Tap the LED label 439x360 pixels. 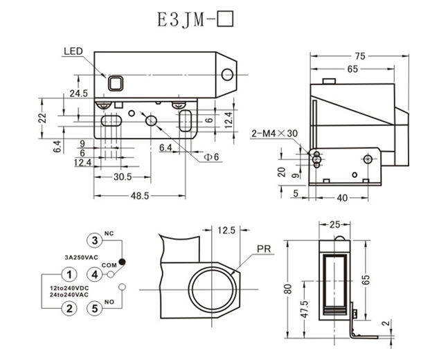pyautogui.click(x=73, y=52)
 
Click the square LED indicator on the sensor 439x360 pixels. pyautogui.click(x=116, y=84)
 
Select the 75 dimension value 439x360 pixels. pyautogui.click(x=360, y=56)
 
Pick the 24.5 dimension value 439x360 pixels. pyautogui.click(x=78, y=93)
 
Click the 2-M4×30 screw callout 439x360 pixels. pyautogui.click(x=274, y=134)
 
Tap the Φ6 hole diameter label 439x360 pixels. pyautogui.click(x=210, y=156)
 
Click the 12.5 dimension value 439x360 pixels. pyautogui.click(x=226, y=230)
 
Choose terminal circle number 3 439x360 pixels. pyautogui.click(x=95, y=241)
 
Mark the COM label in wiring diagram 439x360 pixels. pyautogui.click(x=109, y=265)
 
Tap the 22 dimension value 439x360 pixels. pyautogui.click(x=41, y=117)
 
